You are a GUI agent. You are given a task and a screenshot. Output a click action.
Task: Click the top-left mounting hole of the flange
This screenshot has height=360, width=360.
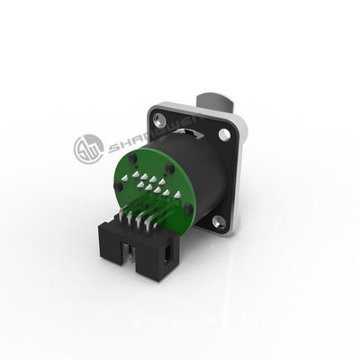(160, 119)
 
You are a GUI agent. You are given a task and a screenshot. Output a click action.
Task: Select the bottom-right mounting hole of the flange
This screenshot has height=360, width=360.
(218, 219)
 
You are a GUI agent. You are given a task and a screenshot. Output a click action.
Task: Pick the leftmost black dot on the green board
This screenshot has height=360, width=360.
(119, 187)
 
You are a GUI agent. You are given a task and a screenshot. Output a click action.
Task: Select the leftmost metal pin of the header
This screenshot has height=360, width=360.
(123, 219)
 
